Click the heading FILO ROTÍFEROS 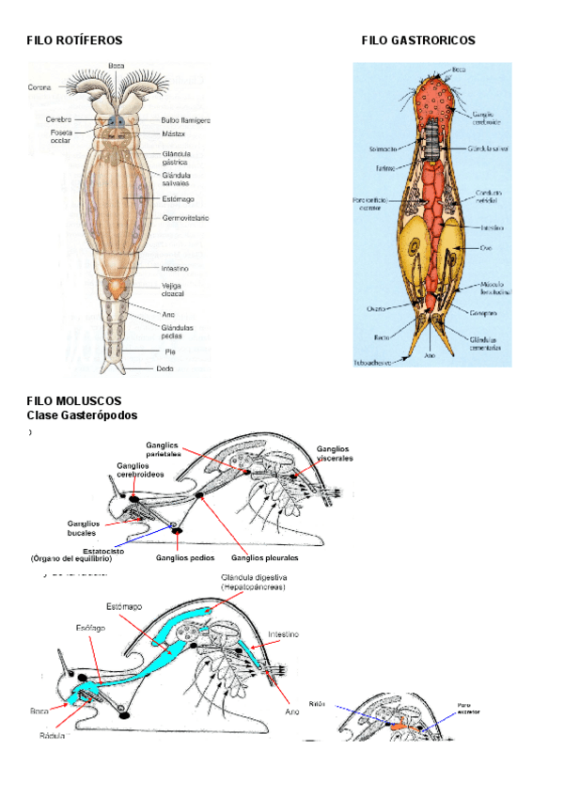(x=74, y=40)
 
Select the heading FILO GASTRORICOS (x=418, y=40)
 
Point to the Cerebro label (x=59, y=119)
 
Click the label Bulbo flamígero (x=185, y=120)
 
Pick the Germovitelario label (x=185, y=218)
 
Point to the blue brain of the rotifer (x=116, y=121)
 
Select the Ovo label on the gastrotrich (x=485, y=249)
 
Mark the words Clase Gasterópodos (x=82, y=414)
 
